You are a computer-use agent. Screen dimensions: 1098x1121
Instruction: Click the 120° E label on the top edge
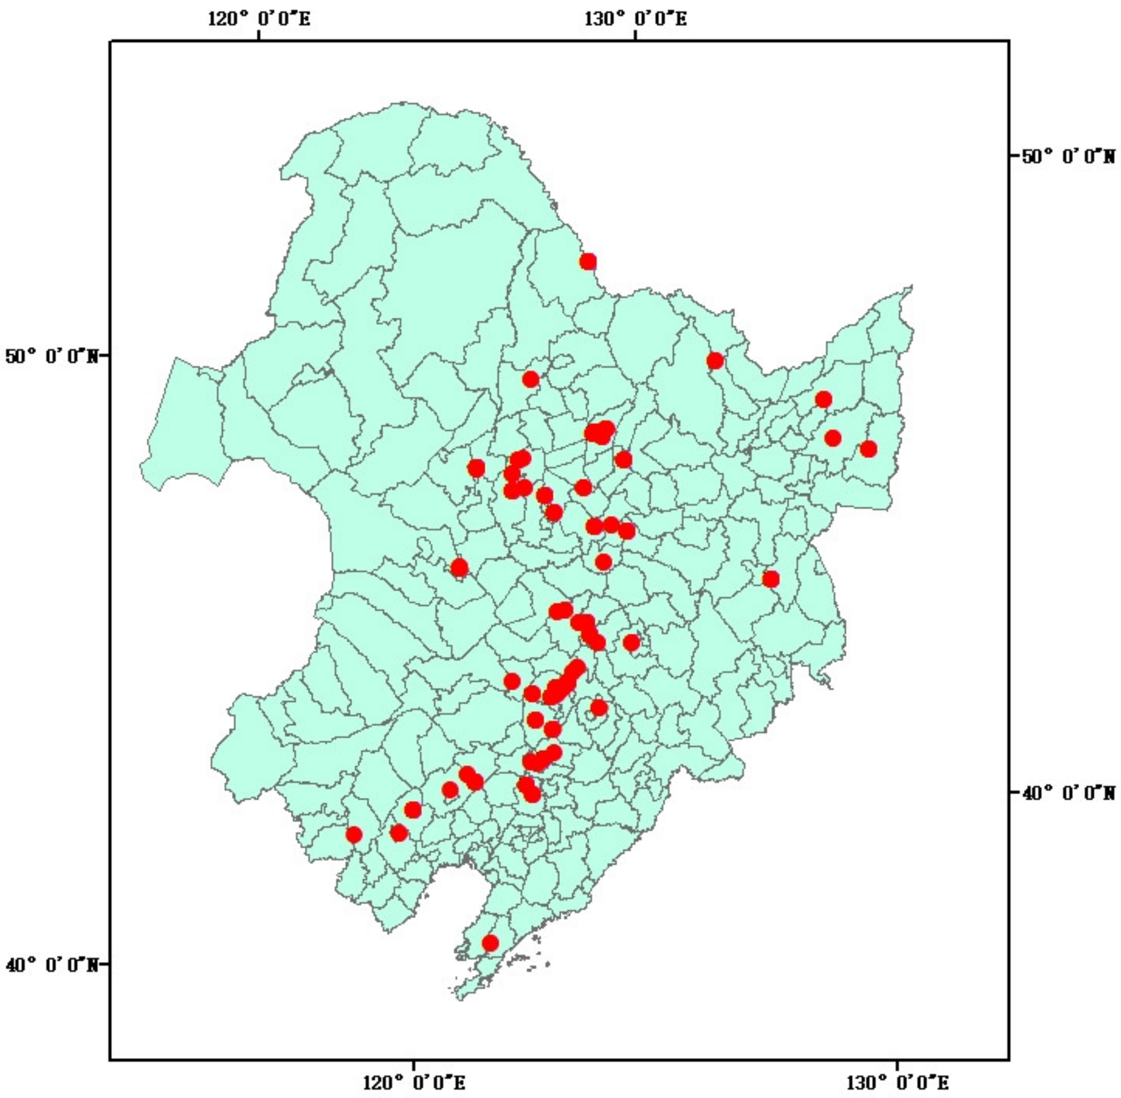(259, 19)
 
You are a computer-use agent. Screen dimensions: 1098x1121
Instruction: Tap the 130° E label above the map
(635, 19)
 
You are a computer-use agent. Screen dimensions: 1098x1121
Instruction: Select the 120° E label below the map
(414, 1082)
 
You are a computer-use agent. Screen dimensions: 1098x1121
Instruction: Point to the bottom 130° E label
(897, 1082)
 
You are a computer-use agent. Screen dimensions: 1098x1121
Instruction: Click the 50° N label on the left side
(51, 356)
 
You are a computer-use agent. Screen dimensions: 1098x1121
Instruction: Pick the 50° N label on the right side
(1069, 156)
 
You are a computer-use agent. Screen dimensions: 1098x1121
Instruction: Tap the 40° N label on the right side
(1069, 794)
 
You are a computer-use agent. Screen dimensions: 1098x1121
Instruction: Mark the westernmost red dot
(354, 835)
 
